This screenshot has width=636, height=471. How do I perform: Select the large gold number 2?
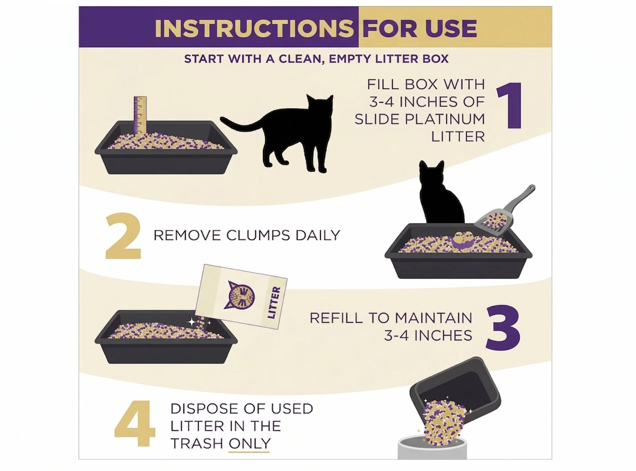123,236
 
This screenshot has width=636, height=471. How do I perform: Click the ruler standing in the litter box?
140,116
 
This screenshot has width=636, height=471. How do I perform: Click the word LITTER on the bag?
273,302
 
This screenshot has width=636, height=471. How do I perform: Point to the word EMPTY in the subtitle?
350,59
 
